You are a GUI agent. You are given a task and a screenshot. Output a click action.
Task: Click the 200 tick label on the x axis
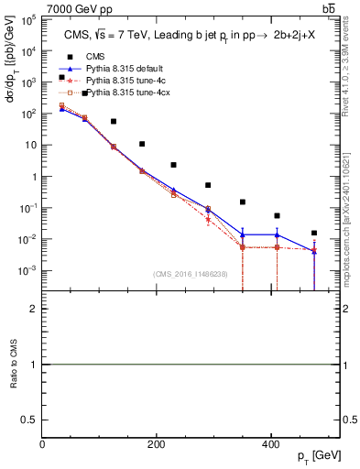tap(156, 444)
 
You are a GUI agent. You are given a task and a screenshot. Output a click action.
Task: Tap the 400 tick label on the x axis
tap(270, 444)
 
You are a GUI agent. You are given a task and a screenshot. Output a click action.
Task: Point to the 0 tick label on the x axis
tap(42, 444)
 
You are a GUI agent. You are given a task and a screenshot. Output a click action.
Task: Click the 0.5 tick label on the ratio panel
tap(29, 419)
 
